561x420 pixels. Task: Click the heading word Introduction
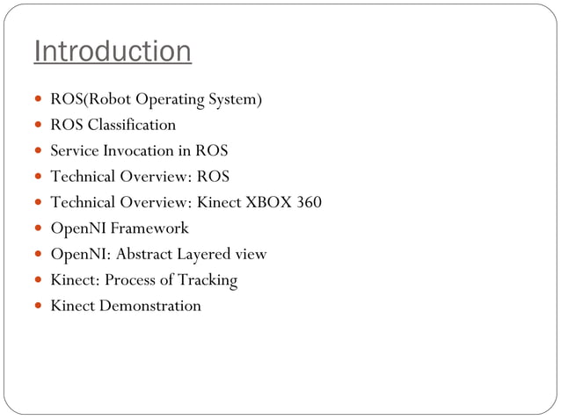tap(112, 52)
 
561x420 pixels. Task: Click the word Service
tap(74, 151)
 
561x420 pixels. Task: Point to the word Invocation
tap(139, 151)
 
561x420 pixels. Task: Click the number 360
tap(309, 203)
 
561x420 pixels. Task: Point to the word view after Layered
tap(251, 255)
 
